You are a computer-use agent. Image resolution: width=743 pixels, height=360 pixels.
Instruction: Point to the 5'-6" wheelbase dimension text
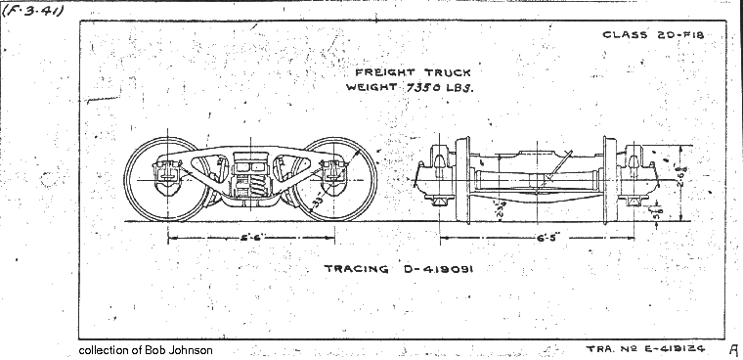251,238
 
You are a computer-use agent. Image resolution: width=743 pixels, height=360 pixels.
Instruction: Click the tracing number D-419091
433,269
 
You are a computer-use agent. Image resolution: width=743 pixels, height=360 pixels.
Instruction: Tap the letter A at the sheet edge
732,348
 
